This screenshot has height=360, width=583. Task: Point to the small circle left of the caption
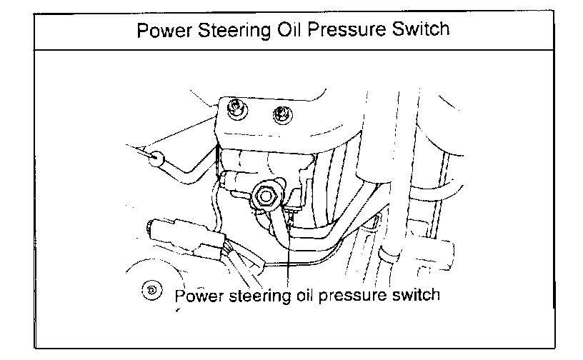(x=151, y=290)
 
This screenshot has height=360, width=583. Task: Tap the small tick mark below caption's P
(x=176, y=312)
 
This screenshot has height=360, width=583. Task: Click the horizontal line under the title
(x=291, y=50)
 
